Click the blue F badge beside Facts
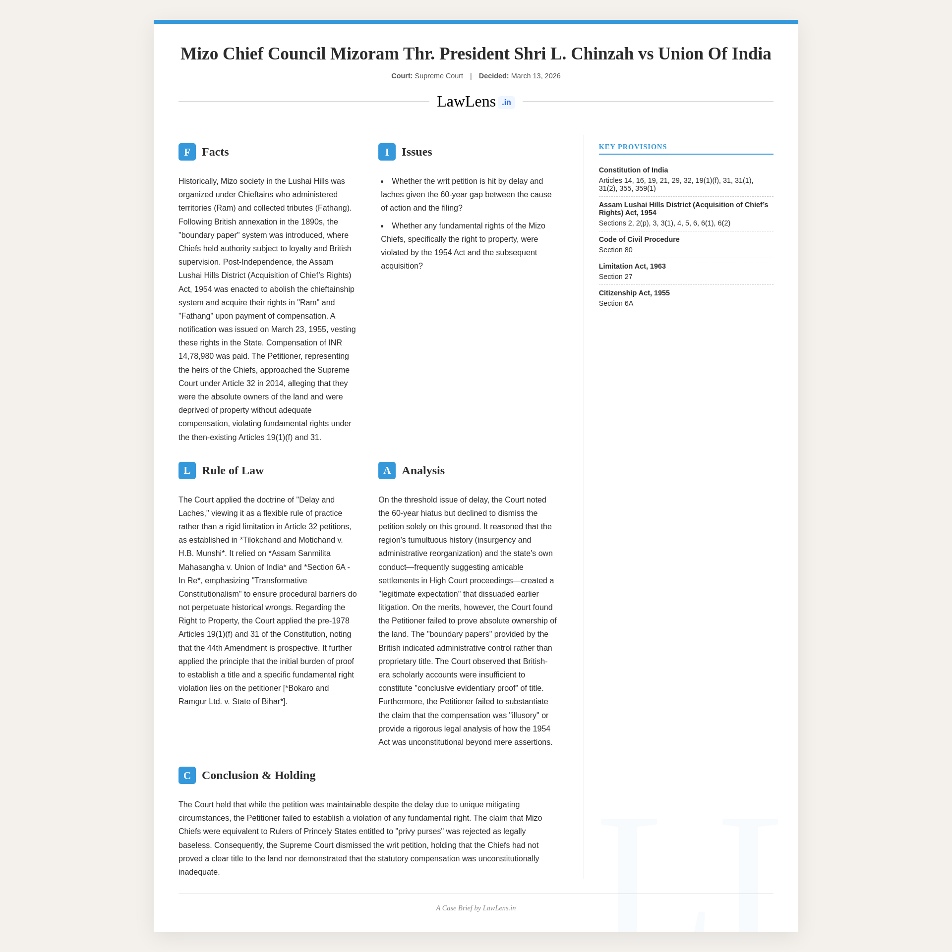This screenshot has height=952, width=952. click(x=187, y=152)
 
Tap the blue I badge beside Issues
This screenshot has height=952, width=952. click(x=387, y=152)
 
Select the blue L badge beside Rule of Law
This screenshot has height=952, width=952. click(x=187, y=470)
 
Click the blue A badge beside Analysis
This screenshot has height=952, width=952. click(x=387, y=470)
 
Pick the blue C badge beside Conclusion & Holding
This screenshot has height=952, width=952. click(x=187, y=775)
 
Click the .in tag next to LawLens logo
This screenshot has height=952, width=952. click(x=506, y=103)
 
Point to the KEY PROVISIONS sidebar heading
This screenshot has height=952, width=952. click(x=633, y=147)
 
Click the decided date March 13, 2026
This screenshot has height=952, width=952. click(x=535, y=76)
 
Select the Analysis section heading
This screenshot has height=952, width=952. click(x=423, y=470)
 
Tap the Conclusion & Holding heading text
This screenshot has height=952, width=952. click(x=258, y=775)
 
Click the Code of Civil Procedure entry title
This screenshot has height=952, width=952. click(x=639, y=239)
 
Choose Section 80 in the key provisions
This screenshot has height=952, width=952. click(x=615, y=250)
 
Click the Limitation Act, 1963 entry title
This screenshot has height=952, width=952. click(x=632, y=266)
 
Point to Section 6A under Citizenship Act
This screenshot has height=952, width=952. click(x=616, y=303)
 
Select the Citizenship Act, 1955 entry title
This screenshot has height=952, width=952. click(x=634, y=293)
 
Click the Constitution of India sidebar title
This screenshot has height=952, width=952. click(x=633, y=170)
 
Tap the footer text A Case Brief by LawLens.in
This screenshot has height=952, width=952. click(x=476, y=908)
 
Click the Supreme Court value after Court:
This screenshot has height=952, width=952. click(x=438, y=76)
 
